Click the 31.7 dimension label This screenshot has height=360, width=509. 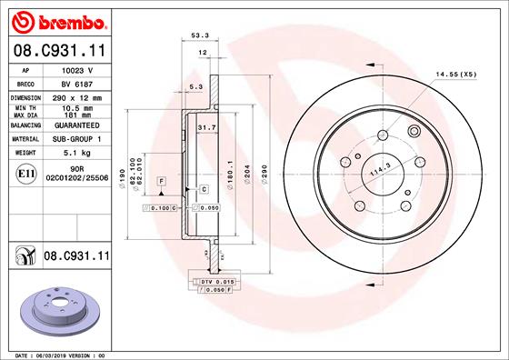[x=205, y=128]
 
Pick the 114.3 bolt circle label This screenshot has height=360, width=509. [x=378, y=169]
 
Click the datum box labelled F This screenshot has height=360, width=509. [x=161, y=182]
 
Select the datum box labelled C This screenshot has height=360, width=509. [x=204, y=189]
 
